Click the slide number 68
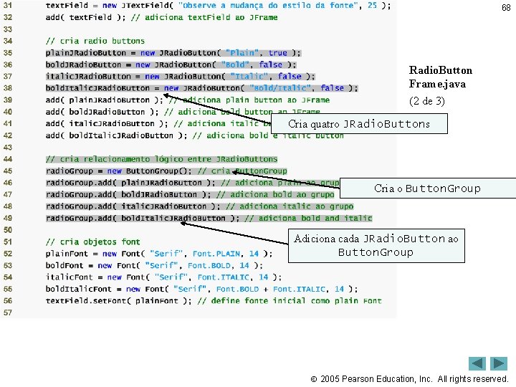[x=506, y=8]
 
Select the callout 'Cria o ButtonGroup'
[x=427, y=188]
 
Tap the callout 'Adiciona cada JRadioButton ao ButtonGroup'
[x=376, y=245]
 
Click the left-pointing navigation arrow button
[x=477, y=363]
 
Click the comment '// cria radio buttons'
[x=95, y=41]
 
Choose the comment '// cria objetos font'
[x=93, y=242]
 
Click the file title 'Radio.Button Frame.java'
[x=440, y=77]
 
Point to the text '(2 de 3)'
[x=426, y=101]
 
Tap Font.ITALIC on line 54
[x=223, y=277]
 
